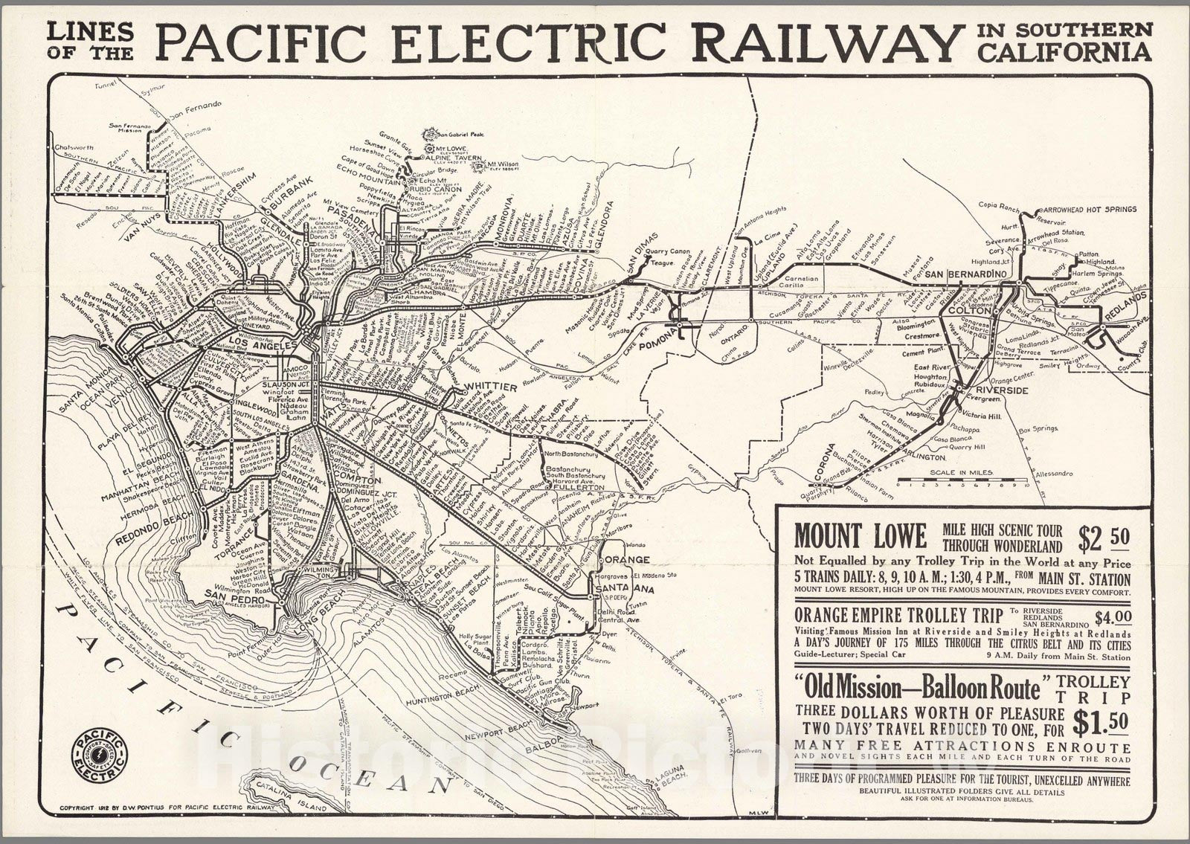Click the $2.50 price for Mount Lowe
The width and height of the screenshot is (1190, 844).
coord(1104,537)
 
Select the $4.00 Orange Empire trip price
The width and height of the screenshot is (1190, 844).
coord(1113,616)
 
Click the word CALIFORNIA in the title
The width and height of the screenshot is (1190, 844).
coord(1064,52)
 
